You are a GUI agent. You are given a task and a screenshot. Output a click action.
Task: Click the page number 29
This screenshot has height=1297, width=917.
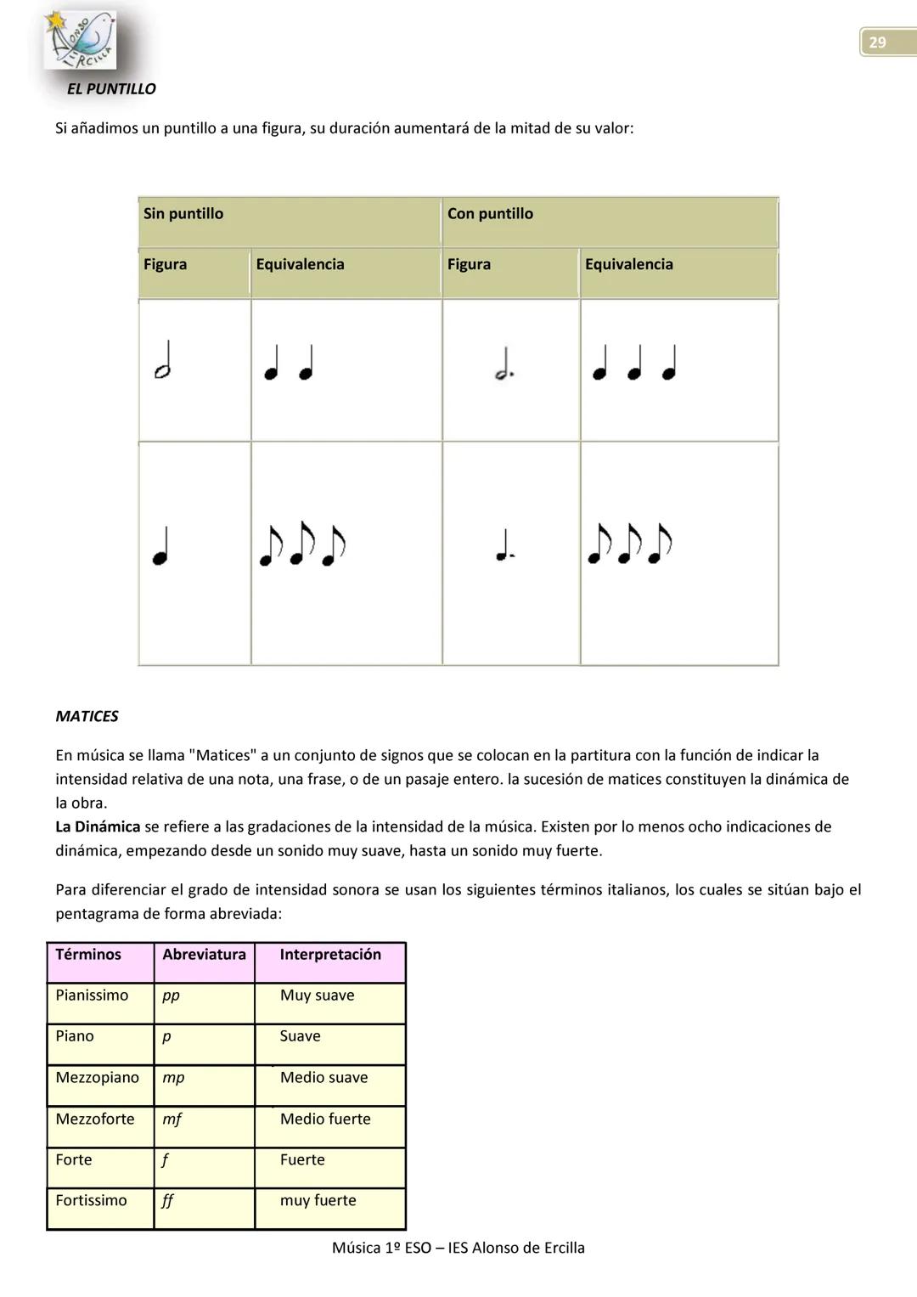pyautogui.click(x=877, y=42)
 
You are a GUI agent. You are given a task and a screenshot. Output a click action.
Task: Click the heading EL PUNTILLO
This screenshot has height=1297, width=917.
pyautogui.click(x=111, y=89)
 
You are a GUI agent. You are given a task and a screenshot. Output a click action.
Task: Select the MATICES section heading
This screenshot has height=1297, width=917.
pyautogui.click(x=87, y=716)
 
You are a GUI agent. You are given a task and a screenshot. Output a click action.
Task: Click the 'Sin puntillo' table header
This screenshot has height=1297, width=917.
pyautogui.click(x=183, y=214)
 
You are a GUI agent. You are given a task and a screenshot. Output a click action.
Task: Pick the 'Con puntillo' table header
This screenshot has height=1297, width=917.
pyautogui.click(x=490, y=214)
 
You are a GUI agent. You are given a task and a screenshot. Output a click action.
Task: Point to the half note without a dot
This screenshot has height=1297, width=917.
pyautogui.click(x=163, y=360)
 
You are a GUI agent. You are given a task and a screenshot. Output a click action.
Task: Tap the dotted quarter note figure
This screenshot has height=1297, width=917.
pyautogui.click(x=504, y=545)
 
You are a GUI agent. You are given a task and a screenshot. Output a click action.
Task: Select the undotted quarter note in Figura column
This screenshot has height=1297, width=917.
pyautogui.click(x=160, y=545)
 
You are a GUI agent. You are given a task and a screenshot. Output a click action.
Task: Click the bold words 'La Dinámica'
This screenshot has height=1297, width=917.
pyautogui.click(x=98, y=826)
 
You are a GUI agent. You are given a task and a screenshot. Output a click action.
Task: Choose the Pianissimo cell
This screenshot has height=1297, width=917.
pyautogui.click(x=92, y=995)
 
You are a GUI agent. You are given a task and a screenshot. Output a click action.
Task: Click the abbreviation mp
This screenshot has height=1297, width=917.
pyautogui.click(x=173, y=1078)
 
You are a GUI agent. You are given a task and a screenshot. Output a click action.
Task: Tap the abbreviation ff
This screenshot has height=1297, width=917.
pyautogui.click(x=167, y=1201)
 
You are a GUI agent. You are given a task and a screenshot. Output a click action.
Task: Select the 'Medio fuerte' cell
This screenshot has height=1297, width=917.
pyautogui.click(x=325, y=1119)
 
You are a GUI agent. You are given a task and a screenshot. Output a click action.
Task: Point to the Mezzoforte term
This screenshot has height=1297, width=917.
pyautogui.click(x=95, y=1119)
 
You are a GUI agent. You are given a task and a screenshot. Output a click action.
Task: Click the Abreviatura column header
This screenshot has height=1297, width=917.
pyautogui.click(x=204, y=955)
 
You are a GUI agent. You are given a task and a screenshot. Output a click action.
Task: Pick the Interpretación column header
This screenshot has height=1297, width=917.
pyautogui.click(x=330, y=955)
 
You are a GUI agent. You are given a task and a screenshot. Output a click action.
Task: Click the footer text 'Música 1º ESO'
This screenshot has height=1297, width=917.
pyautogui.click(x=386, y=1248)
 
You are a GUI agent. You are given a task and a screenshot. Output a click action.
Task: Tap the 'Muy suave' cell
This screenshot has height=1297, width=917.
pyautogui.click(x=317, y=995)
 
